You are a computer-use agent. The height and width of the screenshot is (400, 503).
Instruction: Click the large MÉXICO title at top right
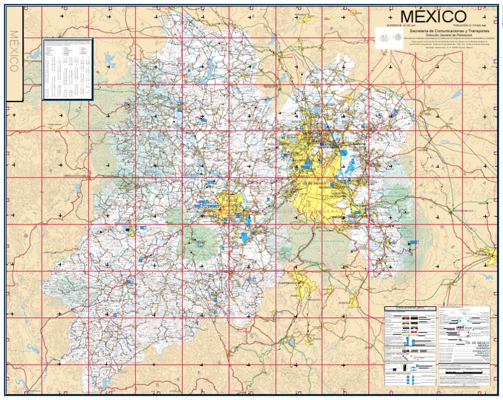click(x=433, y=16)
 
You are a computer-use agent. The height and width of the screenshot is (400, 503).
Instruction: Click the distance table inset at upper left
click(x=67, y=69)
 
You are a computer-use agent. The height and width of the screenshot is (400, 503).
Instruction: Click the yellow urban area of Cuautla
click(x=354, y=300)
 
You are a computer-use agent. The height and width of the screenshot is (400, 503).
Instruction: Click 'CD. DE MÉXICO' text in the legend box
click(x=473, y=342)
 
